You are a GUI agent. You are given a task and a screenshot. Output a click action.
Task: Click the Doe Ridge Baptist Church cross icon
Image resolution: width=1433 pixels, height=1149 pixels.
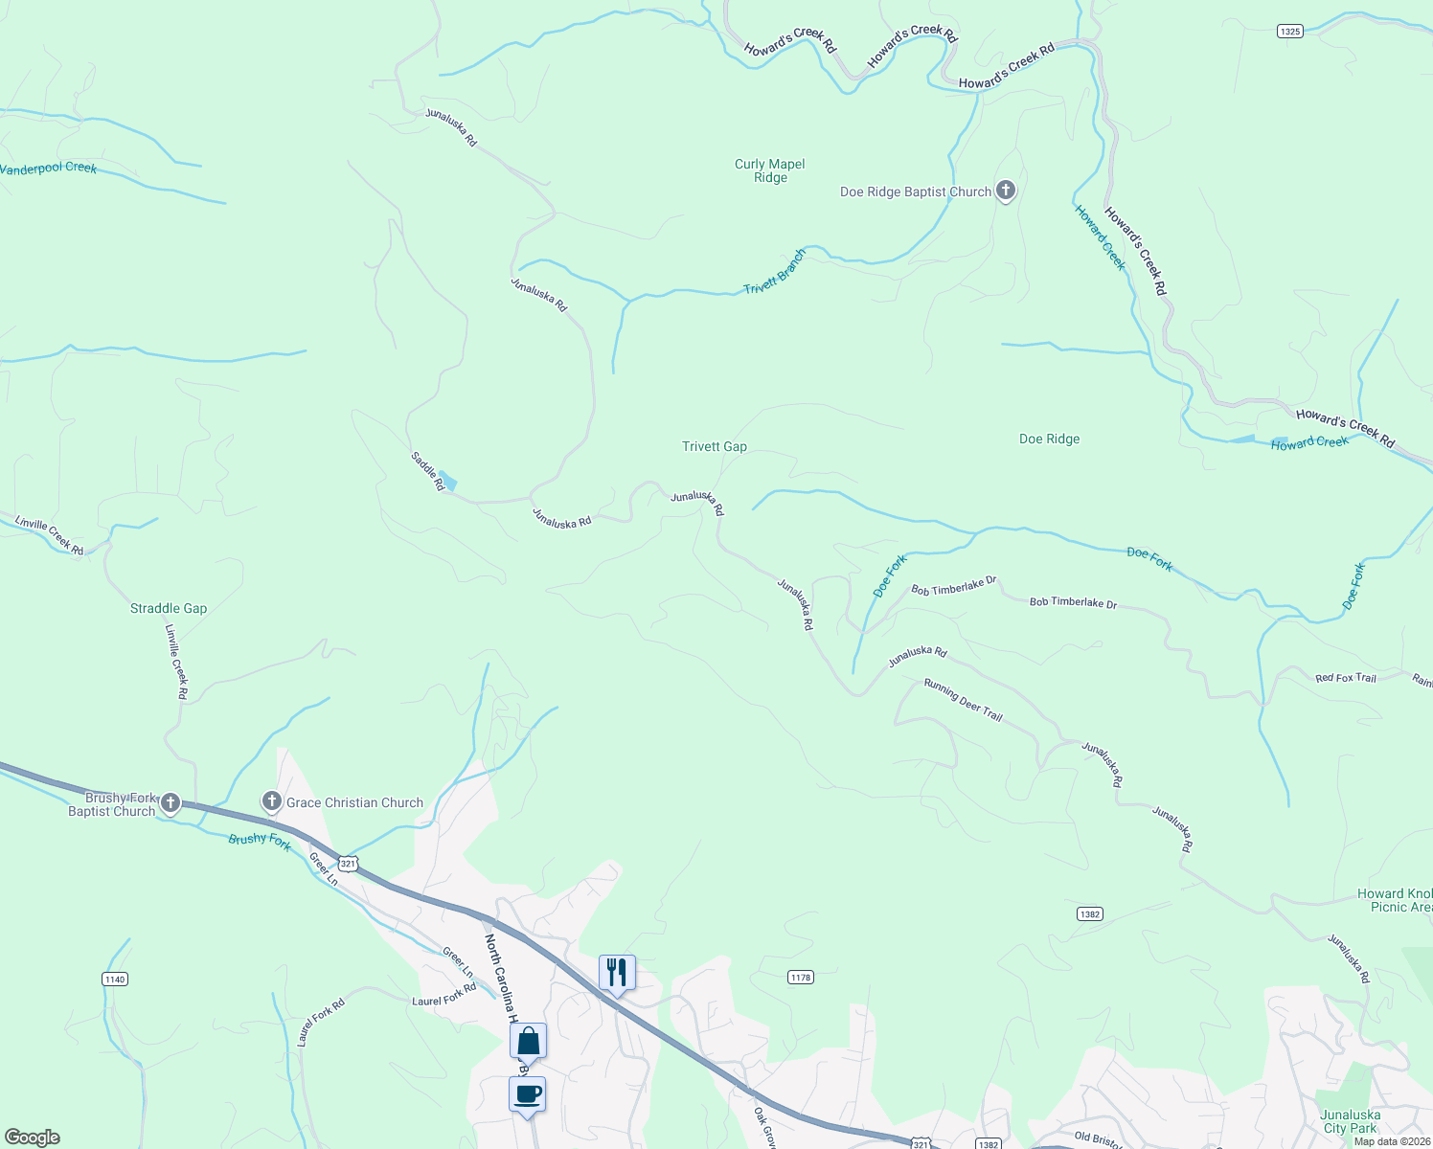(x=1005, y=191)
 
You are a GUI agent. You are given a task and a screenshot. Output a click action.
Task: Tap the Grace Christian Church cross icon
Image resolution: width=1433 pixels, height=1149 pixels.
(x=271, y=801)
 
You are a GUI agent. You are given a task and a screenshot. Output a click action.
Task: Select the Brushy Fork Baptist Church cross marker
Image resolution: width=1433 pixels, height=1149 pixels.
(x=171, y=803)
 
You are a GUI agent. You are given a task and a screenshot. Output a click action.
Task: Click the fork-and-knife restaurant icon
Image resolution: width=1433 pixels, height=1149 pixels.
(x=617, y=972)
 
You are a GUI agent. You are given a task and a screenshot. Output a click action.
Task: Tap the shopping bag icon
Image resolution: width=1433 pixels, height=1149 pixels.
(x=528, y=1040)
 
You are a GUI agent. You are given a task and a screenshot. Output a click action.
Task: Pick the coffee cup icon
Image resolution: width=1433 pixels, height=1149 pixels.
(x=528, y=1093)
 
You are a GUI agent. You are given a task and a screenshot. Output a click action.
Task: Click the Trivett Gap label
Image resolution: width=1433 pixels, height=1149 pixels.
(x=714, y=446)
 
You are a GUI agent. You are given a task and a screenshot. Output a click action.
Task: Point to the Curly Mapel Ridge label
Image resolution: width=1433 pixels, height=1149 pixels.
(x=769, y=170)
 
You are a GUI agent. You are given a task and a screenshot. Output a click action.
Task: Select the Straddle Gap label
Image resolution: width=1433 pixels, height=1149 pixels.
(x=169, y=608)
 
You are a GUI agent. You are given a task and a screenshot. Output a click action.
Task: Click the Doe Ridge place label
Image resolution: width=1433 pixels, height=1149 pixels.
(x=1049, y=439)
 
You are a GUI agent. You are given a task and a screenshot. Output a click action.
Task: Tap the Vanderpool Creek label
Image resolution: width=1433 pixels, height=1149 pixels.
(x=48, y=169)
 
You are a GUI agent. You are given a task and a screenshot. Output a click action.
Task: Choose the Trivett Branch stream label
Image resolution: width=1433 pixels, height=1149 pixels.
(x=775, y=272)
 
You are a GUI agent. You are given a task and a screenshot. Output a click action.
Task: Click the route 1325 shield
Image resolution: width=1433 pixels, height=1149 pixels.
(x=1289, y=32)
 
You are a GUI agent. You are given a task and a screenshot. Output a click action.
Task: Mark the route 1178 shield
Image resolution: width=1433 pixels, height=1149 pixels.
(x=801, y=977)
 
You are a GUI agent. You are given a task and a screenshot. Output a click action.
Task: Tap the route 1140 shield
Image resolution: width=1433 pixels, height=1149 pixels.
(x=114, y=979)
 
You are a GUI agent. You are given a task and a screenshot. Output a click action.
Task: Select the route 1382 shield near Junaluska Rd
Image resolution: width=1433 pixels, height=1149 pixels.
(x=1089, y=913)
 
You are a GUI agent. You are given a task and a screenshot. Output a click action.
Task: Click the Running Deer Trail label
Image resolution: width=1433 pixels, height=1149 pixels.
(x=963, y=700)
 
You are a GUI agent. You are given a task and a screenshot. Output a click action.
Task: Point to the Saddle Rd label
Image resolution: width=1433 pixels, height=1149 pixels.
(x=428, y=471)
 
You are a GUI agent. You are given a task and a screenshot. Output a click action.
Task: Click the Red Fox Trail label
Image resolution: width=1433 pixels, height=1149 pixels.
(x=1345, y=678)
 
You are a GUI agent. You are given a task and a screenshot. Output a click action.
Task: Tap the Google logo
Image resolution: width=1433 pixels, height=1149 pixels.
(x=33, y=1138)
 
